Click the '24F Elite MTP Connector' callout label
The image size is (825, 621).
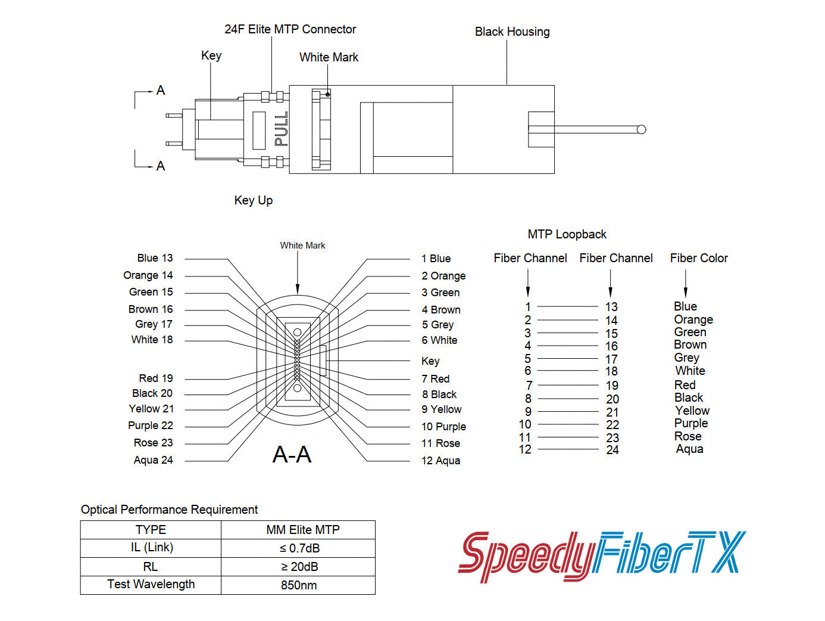[290, 29]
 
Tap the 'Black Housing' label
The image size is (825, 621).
[512, 32]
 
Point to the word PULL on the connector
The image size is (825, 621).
[281, 129]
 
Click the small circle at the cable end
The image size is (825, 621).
[641, 129]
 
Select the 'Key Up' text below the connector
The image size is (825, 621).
[253, 200]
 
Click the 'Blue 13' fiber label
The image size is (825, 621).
[155, 258]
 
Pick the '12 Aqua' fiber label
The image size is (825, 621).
[440, 461]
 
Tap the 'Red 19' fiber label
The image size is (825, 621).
[155, 378]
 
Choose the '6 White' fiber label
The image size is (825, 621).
[439, 340]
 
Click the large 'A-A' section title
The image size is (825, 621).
[292, 455]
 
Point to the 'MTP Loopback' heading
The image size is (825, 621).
[567, 234]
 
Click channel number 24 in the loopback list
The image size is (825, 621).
[612, 450]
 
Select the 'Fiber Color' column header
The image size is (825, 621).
[699, 258]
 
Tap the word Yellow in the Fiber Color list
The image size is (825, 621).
[692, 411]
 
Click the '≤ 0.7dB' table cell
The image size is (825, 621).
[299, 548]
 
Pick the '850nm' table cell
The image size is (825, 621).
[299, 585]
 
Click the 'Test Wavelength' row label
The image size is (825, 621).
[151, 585]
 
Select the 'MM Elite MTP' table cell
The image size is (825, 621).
[302, 530]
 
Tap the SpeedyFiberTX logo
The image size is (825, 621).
[601, 555]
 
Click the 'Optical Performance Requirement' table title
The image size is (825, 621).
[169, 510]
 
